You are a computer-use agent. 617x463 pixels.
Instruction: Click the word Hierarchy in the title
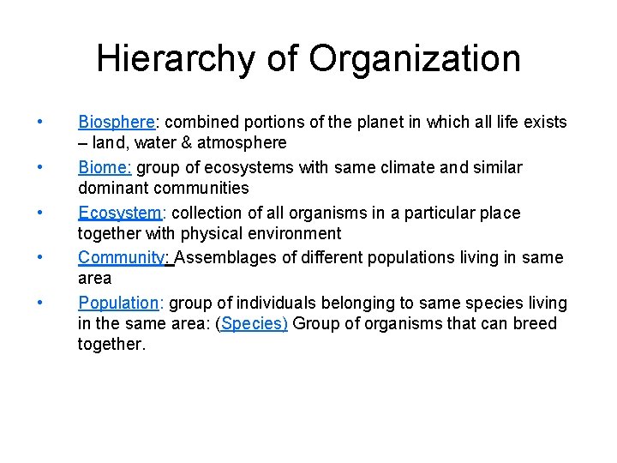click(x=177, y=59)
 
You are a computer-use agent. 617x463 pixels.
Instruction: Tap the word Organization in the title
click(x=415, y=59)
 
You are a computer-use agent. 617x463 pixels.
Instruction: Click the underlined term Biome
click(x=103, y=167)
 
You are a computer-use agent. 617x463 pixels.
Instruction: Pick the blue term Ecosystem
click(x=118, y=213)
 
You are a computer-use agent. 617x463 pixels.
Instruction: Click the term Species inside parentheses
click(x=253, y=323)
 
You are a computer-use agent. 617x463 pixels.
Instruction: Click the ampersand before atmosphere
click(x=175, y=143)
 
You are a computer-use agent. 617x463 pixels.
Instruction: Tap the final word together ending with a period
click(x=111, y=344)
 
